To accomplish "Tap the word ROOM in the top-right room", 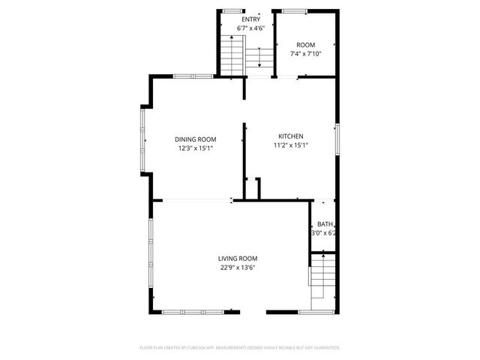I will pyautogui.click(x=306, y=45).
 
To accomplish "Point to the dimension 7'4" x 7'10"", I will pyautogui.click(x=306, y=54).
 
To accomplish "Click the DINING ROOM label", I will pyautogui.click(x=196, y=139).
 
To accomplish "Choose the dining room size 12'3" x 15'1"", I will pyautogui.click(x=196, y=148).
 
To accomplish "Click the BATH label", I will pyautogui.click(x=324, y=224).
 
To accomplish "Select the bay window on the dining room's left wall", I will pyautogui.click(x=142, y=139).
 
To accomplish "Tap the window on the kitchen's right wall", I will pyautogui.click(x=337, y=141).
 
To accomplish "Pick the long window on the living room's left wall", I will pyautogui.click(x=151, y=255).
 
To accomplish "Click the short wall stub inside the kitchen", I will pyautogui.click(x=257, y=188).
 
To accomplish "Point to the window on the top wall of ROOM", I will pyautogui.click(x=294, y=10).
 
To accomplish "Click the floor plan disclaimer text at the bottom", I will pyautogui.click(x=240, y=347).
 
